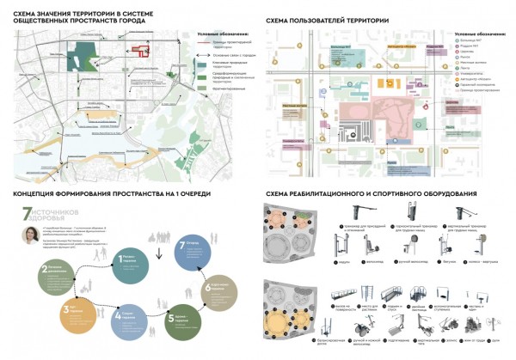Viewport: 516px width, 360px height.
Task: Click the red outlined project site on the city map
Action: click(138, 49)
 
